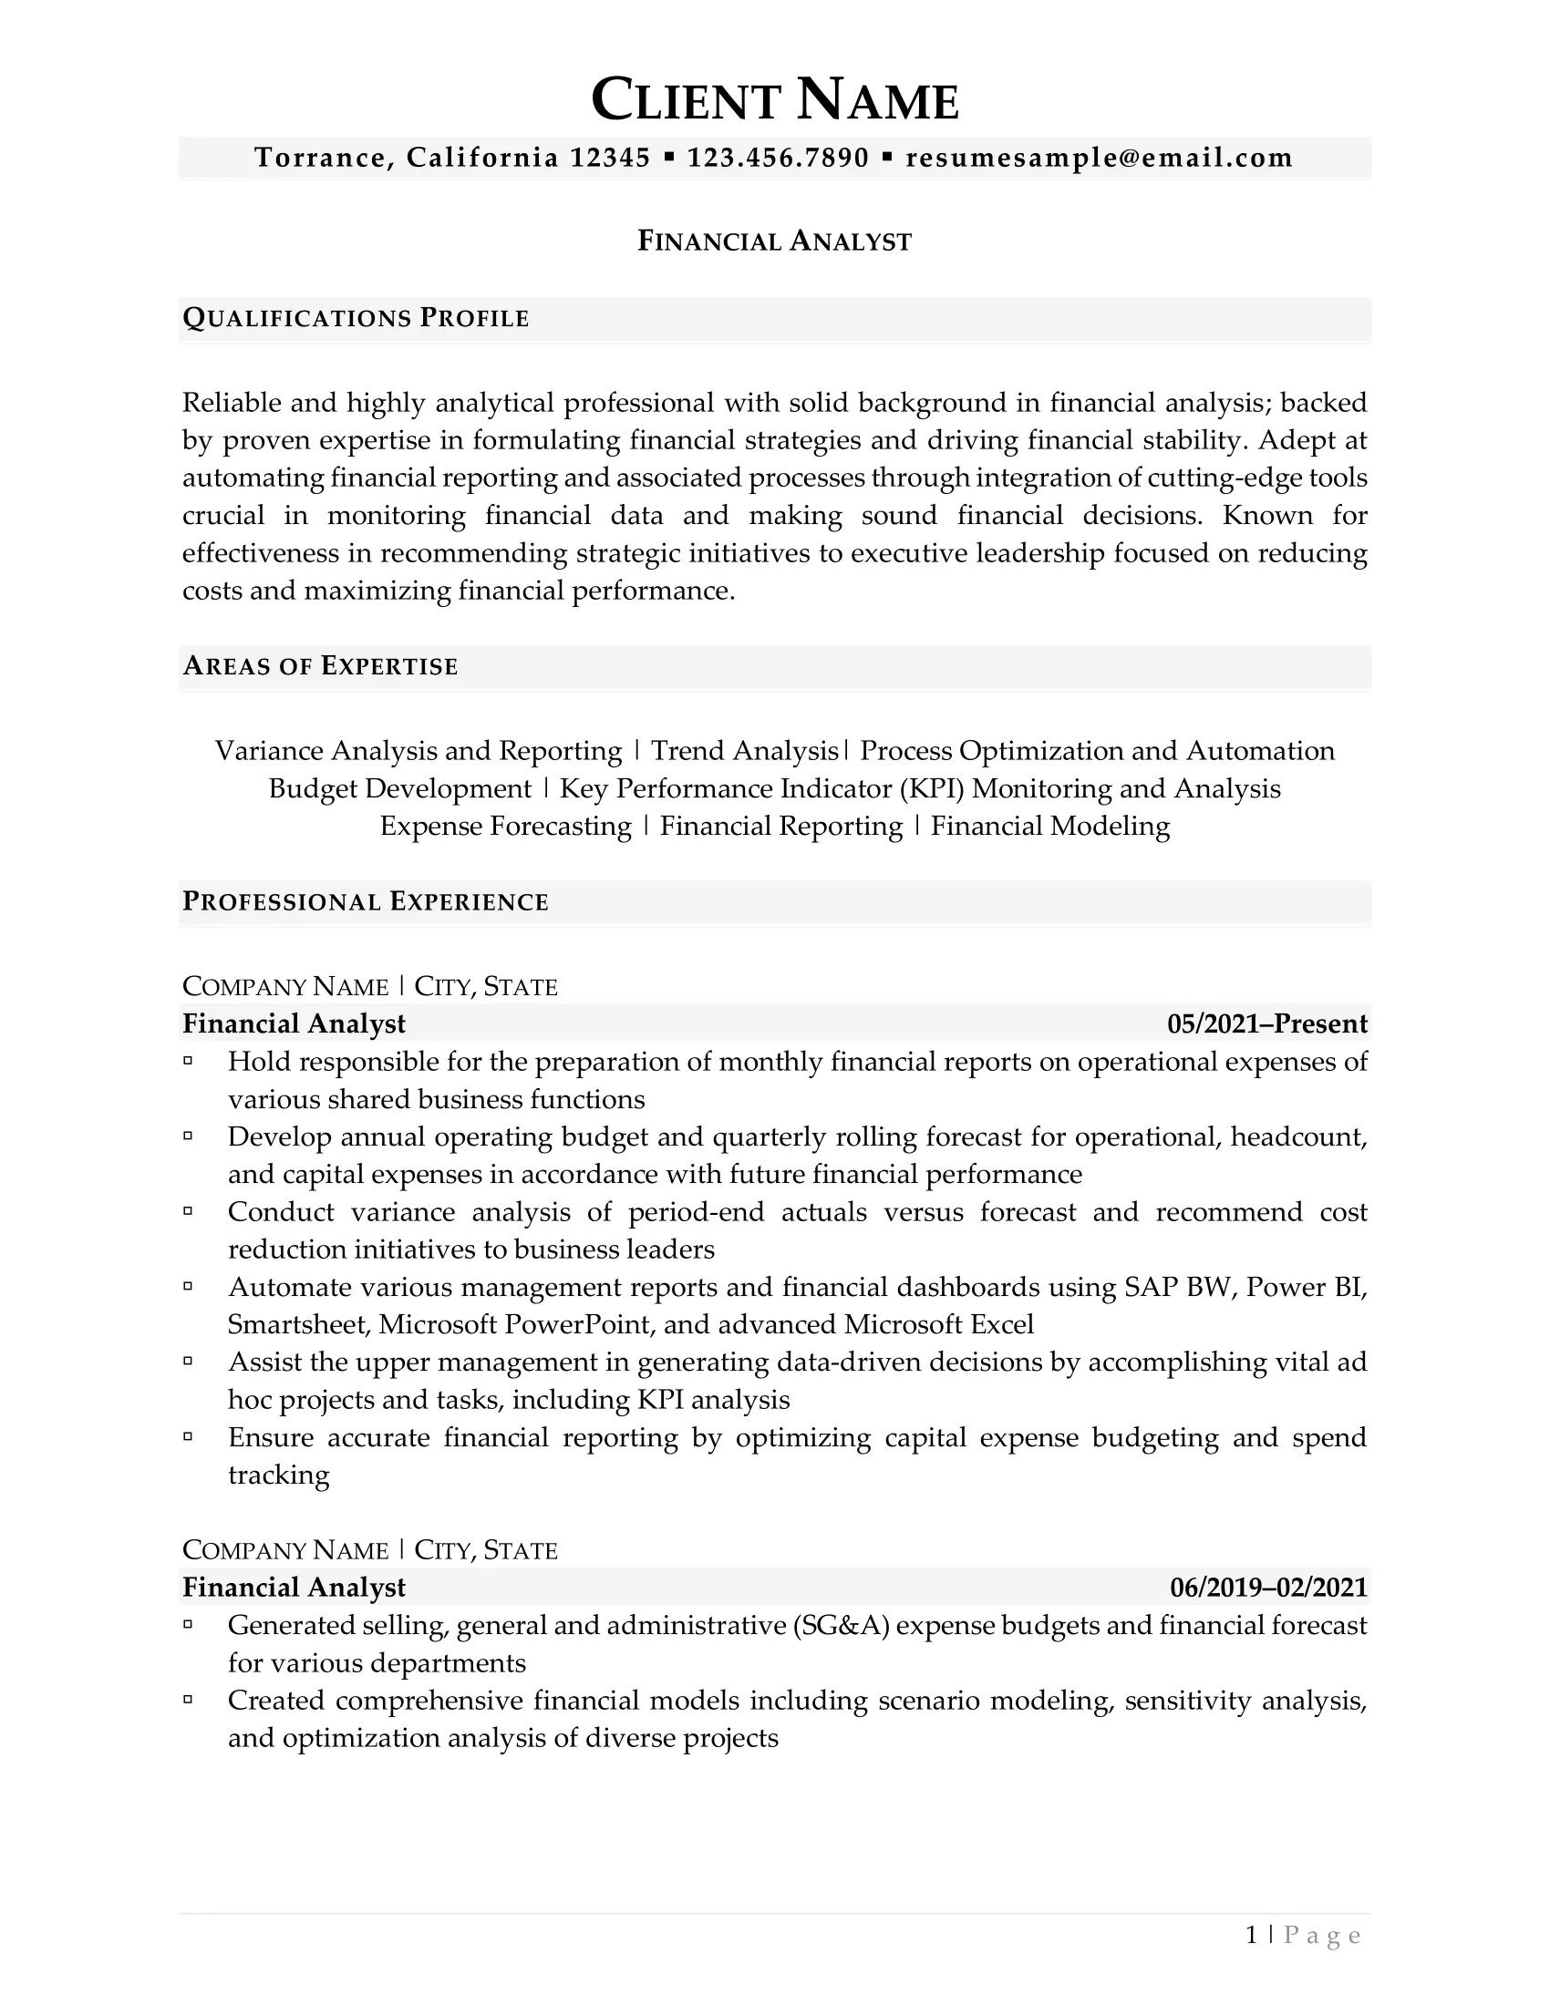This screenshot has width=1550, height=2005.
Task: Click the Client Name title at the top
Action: coord(775,100)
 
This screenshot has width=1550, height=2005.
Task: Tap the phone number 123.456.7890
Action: coord(778,158)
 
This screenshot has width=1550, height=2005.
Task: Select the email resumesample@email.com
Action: coord(1100,158)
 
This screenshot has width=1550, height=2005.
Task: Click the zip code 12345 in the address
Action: coord(610,158)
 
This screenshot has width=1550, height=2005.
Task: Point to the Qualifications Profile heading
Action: coord(356,319)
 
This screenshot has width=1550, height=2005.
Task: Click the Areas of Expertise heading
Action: coord(320,666)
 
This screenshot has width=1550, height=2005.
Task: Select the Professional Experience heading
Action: coord(366,901)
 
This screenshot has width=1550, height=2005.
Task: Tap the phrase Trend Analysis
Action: coord(745,751)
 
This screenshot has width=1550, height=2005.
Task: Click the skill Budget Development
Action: coord(399,788)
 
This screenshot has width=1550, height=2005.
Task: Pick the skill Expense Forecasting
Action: coord(506,827)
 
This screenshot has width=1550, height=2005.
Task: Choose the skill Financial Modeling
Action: coord(1050,827)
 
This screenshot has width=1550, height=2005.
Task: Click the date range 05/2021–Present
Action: coord(1267,1023)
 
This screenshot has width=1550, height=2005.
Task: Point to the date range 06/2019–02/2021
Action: coord(1268,1588)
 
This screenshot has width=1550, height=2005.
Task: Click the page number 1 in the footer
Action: coord(1252,1935)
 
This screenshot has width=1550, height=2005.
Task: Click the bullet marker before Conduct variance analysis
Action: coord(188,1211)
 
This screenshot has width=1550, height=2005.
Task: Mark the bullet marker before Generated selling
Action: coord(188,1624)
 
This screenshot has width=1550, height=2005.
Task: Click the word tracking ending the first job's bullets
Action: coord(278,1475)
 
